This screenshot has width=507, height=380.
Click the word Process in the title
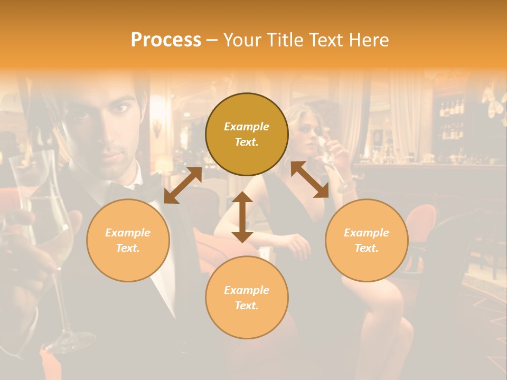[x=166, y=40]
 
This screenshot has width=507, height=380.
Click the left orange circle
[x=128, y=240]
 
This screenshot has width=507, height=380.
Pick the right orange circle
[x=367, y=240]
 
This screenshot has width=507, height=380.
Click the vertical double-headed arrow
[x=242, y=217]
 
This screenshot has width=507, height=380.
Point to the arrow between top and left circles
[x=183, y=185]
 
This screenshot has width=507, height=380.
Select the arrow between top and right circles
[x=309, y=180]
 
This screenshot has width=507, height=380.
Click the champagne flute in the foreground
[x=53, y=237]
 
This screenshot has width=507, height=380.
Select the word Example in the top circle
[x=247, y=127]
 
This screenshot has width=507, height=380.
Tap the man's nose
[x=112, y=132]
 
